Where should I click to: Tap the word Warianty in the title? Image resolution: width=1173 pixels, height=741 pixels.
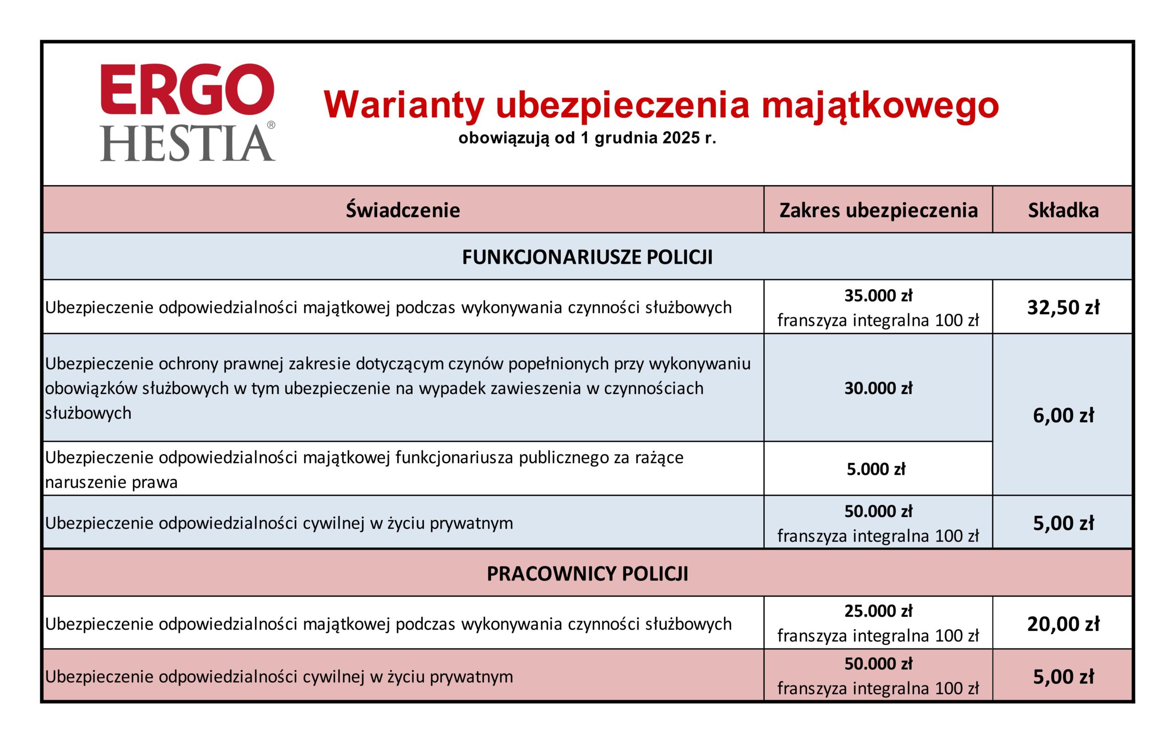coord(404,105)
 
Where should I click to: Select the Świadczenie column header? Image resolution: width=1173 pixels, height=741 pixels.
coord(403,210)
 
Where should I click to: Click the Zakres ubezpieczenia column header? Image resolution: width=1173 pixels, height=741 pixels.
coord(878,210)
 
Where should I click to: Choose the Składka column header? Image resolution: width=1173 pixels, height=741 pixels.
coord(1063,210)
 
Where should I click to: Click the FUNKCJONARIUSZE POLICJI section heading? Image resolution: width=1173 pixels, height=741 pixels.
coord(587,257)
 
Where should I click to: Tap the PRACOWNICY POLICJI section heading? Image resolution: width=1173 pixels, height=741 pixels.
coord(587,574)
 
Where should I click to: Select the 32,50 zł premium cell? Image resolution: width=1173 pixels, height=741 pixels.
coord(1063,307)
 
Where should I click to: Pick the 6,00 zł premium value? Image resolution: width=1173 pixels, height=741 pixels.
coord(1063,416)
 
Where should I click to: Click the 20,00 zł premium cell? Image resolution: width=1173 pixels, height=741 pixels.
coord(1063,624)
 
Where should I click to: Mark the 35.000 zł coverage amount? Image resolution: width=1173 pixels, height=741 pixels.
coord(878,296)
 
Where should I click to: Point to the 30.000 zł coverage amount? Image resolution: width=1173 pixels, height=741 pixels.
coord(878,388)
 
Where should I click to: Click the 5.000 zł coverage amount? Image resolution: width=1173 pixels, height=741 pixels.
coord(876,469)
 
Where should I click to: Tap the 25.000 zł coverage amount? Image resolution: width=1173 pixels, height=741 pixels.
coord(878,611)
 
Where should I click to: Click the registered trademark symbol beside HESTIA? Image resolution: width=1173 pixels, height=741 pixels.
coord(271,125)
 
